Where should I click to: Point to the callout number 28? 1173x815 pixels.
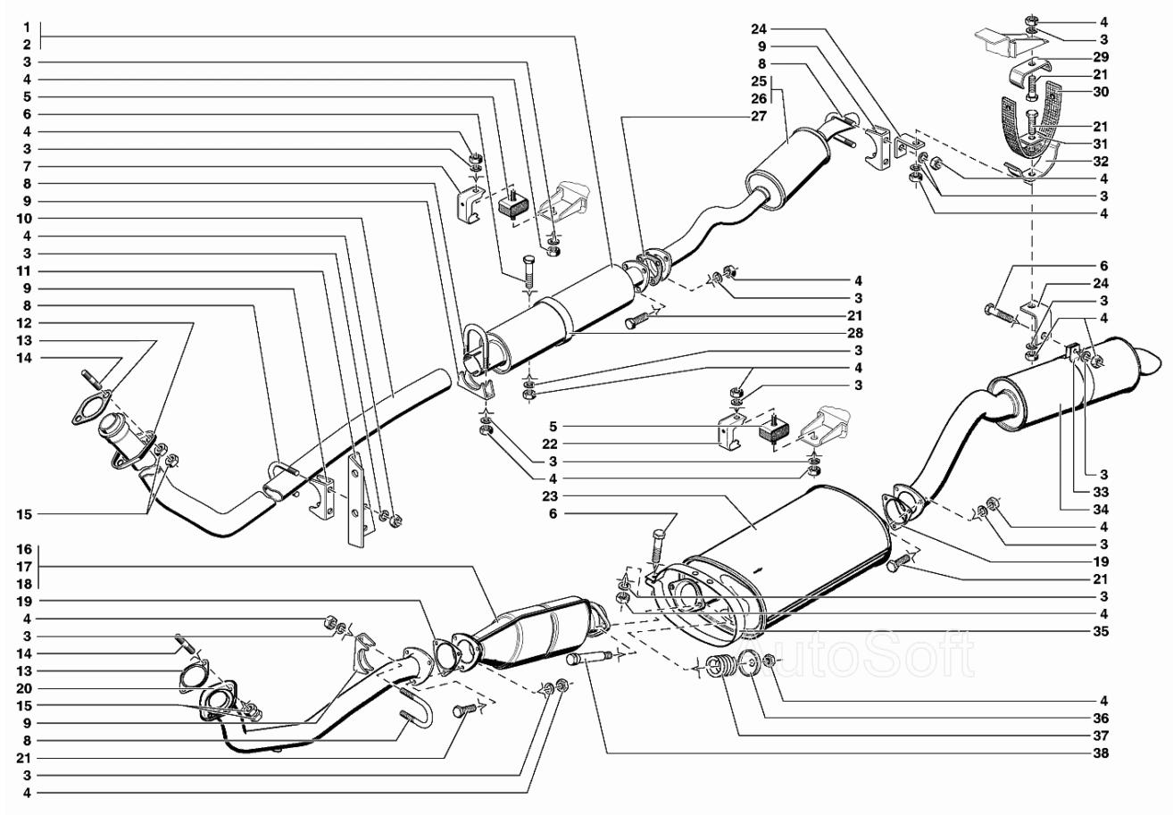click(856, 332)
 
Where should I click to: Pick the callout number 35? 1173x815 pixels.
click(1101, 631)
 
